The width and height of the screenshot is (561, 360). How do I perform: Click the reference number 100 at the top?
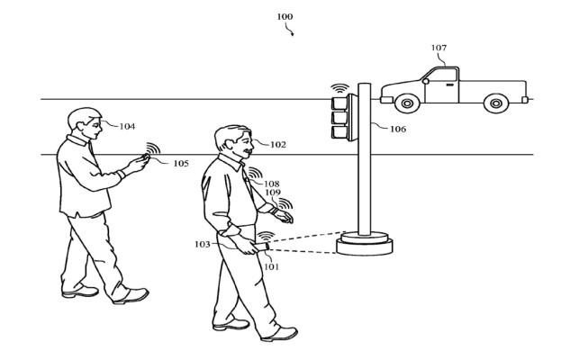click(x=285, y=15)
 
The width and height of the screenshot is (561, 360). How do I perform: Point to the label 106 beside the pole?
click(x=398, y=129)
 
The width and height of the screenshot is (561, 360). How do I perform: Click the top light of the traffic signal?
click(x=340, y=102)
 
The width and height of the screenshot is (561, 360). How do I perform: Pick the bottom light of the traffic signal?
click(x=340, y=133)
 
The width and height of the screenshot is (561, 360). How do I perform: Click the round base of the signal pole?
click(x=364, y=242)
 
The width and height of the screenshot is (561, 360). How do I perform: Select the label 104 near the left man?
click(x=126, y=126)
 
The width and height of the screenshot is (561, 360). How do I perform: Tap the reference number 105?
click(x=181, y=163)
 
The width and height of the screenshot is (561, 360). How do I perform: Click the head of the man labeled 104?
click(x=82, y=121)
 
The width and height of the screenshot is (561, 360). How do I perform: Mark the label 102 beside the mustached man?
click(x=277, y=143)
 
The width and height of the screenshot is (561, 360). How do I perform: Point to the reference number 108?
click(x=271, y=184)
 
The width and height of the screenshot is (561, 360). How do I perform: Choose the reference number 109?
click(x=273, y=193)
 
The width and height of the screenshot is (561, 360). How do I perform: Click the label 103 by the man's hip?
click(x=202, y=244)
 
